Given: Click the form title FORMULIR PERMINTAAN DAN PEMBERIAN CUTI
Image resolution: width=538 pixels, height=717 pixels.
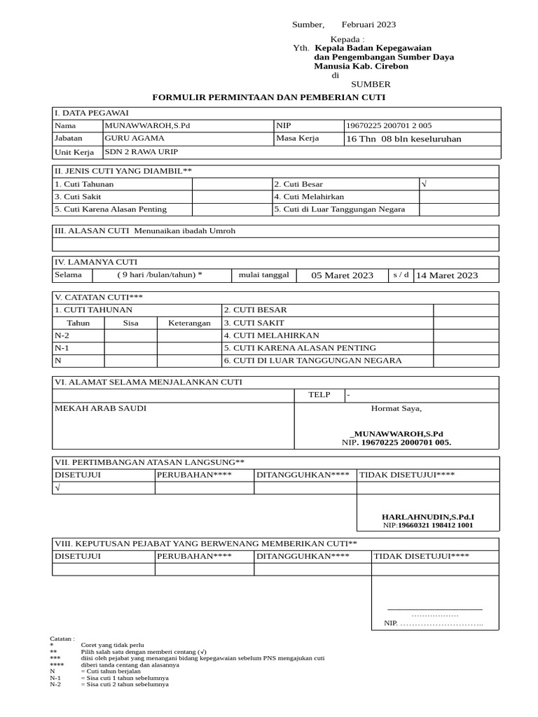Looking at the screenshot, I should click(x=269, y=97).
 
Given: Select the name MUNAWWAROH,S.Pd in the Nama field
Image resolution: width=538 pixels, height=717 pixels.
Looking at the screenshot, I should click(x=147, y=125).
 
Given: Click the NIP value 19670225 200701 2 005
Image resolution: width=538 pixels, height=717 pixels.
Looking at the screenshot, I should click(x=389, y=126).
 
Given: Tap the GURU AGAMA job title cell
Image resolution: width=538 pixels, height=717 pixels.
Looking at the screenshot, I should click(x=131, y=138).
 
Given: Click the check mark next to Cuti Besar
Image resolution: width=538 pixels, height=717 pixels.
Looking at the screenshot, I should click(x=424, y=183).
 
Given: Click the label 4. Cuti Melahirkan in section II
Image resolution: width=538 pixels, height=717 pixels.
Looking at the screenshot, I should click(x=309, y=197).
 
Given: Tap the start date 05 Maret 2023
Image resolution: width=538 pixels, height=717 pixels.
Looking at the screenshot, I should click(x=343, y=275).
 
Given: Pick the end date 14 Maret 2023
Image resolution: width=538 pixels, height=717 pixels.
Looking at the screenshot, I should click(x=447, y=275).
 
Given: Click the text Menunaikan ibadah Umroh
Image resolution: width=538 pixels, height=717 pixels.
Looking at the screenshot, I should click(x=182, y=230).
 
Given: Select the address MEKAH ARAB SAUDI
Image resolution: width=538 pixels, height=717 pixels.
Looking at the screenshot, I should click(x=101, y=408).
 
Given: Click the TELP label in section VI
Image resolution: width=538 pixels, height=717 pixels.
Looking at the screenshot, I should click(x=319, y=395).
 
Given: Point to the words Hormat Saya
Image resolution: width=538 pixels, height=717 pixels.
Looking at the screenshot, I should click(x=396, y=408).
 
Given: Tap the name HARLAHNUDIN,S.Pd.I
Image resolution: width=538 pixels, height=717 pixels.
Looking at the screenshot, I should click(x=432, y=516).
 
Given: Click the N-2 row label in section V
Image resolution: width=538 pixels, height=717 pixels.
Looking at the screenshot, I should click(x=62, y=335).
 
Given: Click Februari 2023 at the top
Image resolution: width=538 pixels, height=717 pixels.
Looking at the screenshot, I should click(x=368, y=25).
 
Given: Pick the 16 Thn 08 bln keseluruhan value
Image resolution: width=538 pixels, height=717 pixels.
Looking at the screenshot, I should click(x=404, y=139).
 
